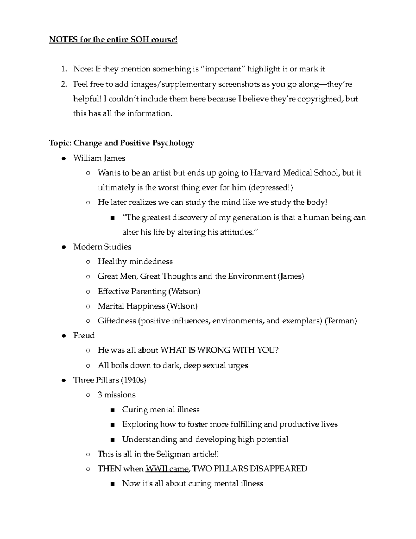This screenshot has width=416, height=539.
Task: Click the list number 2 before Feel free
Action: [x=64, y=84]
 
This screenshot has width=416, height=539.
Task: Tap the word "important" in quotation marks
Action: [x=223, y=69]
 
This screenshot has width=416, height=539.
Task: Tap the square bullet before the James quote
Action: [x=112, y=218]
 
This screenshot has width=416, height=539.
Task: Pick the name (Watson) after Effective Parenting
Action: [x=184, y=291]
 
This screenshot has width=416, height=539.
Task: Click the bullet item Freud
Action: [x=84, y=336]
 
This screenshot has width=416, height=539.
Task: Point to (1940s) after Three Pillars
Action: [x=133, y=380]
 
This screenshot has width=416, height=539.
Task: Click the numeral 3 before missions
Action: [x=100, y=395]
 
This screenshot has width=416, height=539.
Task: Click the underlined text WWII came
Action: [x=167, y=469]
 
